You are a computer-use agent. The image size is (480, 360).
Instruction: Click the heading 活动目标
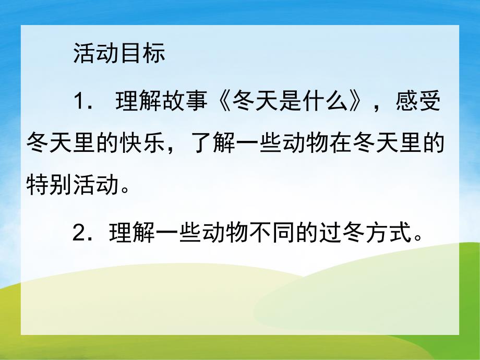pos(119,54)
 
